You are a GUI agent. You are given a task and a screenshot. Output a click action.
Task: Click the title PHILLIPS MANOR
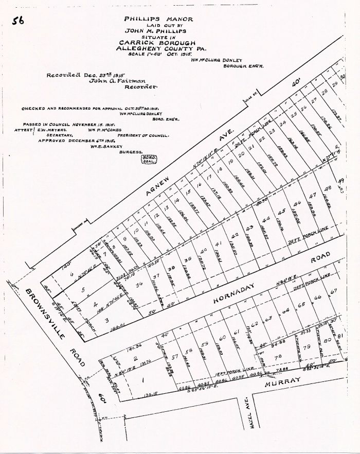coord(158,19)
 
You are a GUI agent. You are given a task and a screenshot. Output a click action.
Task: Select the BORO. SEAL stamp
coord(148,159)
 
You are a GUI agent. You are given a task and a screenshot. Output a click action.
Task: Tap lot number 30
coord(343,76)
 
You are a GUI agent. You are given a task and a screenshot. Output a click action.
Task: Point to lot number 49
coord(340,181)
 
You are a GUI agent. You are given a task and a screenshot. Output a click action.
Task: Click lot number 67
coord(333,291)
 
